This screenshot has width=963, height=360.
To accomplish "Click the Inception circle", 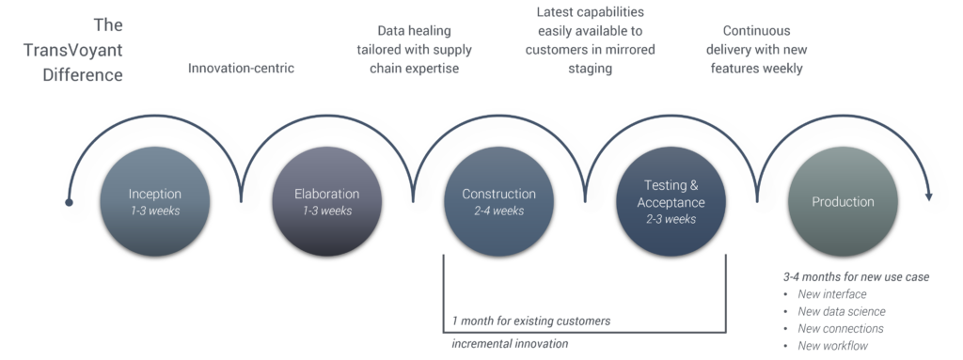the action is coord(154,201).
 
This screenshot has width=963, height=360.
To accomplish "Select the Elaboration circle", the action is coord(326,201).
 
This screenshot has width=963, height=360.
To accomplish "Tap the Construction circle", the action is coord(498,201).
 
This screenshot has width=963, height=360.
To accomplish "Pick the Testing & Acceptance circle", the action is coord(671,201).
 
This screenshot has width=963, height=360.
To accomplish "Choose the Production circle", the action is coord(843,201).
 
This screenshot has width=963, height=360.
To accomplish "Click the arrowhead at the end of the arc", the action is coord(929,196).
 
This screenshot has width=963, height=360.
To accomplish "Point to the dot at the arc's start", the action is coord(68,202).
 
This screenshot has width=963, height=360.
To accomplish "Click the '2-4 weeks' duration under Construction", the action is coord(498,211).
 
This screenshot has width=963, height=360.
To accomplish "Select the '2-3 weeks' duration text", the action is coord(671,219).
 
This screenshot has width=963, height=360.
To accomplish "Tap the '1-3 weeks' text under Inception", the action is coord(154,211).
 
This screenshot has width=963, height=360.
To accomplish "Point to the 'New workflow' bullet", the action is coord(833,346).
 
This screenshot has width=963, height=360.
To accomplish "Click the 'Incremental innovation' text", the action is coord(510,344).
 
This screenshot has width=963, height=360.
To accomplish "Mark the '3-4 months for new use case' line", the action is coord(856,277).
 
